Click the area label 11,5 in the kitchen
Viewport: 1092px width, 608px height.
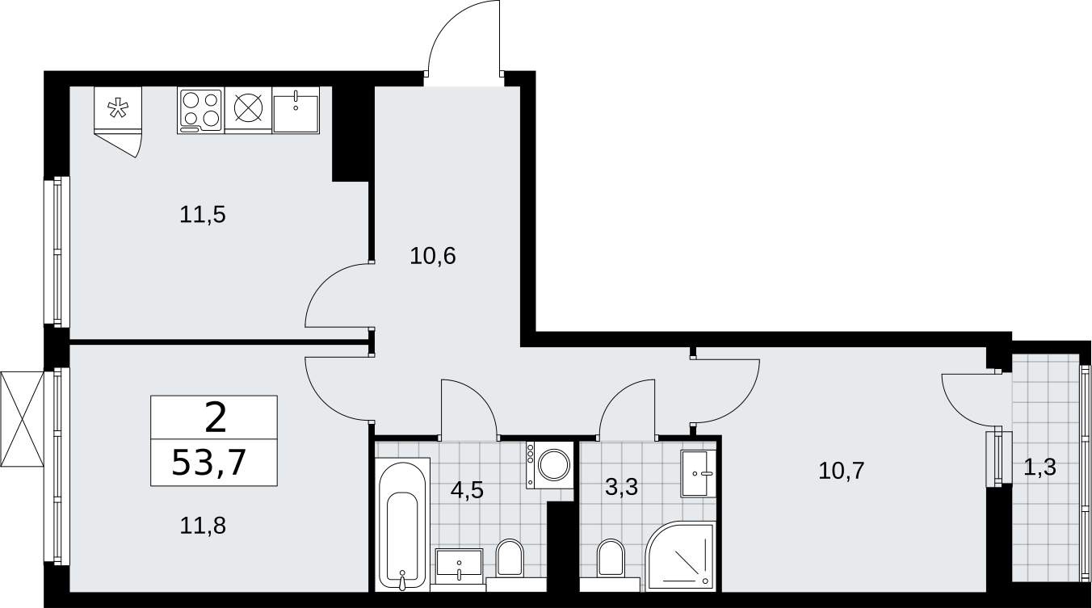(203, 215)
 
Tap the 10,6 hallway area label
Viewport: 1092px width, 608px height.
(433, 256)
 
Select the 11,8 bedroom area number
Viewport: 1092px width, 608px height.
(203, 526)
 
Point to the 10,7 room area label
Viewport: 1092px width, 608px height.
(842, 471)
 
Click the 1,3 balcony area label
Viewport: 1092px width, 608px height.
(1039, 468)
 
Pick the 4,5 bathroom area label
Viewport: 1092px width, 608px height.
(467, 489)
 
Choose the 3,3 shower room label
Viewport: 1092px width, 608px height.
(622, 487)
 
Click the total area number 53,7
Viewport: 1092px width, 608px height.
(208, 463)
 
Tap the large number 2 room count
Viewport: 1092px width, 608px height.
(216, 418)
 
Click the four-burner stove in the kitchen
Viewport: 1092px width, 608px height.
(200, 111)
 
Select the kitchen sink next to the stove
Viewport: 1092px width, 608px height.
(296, 111)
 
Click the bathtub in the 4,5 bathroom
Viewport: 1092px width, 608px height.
(402, 524)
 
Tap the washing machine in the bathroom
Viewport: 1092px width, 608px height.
(548, 465)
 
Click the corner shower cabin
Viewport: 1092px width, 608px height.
(680, 556)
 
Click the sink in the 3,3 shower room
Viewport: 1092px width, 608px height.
(698, 473)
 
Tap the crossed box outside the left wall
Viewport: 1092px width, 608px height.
(23, 419)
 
